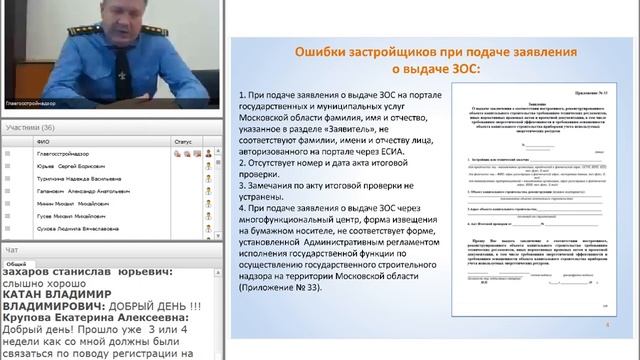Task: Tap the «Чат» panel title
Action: (x=11, y=249)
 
